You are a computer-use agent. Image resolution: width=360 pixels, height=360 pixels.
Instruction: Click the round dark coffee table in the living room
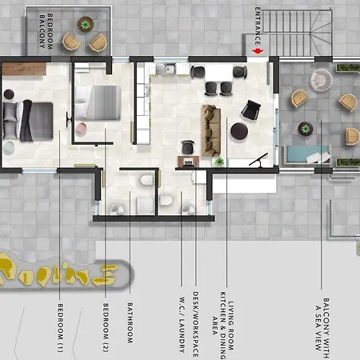239,130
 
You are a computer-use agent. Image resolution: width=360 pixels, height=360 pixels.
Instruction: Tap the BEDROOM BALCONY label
45,32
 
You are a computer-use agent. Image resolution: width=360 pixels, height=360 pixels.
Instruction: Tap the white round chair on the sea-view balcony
321,79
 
